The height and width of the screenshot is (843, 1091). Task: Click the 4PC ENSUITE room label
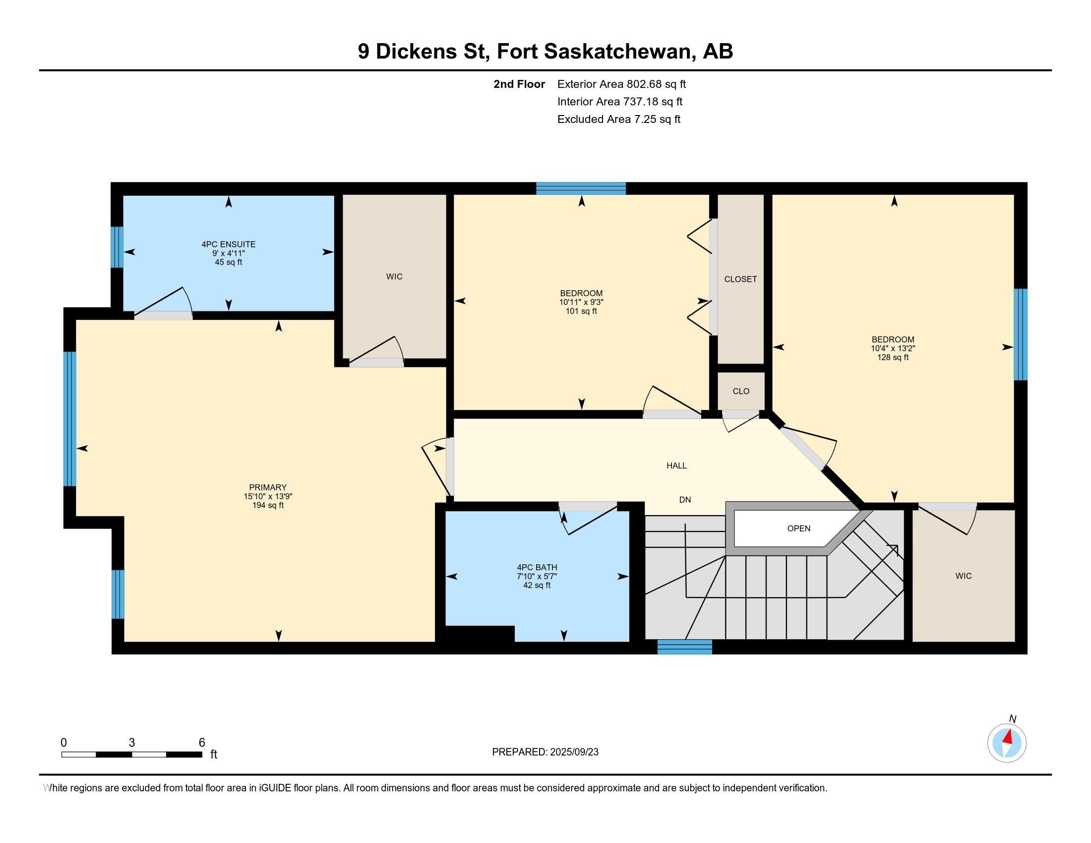click(x=228, y=244)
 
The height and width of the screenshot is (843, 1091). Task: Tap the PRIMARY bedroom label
click(x=268, y=487)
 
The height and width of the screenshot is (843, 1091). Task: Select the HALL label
click(x=676, y=466)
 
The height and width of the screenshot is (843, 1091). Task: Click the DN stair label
click(x=685, y=499)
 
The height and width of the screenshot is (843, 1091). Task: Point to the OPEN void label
click(x=799, y=529)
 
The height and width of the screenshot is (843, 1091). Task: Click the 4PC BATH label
click(x=537, y=567)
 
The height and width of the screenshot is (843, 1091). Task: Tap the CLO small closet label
click(x=741, y=391)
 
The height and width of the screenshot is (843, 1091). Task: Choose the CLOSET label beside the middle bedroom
click(x=740, y=279)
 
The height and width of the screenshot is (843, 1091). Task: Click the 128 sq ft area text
click(x=893, y=358)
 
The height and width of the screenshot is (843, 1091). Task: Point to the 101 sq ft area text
click(x=581, y=311)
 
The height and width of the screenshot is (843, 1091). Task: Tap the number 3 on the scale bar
click(x=132, y=743)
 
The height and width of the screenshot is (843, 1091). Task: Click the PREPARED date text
click(x=545, y=752)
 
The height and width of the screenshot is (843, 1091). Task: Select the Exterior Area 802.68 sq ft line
click(x=621, y=84)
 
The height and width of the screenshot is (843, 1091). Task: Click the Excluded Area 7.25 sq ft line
click(x=619, y=119)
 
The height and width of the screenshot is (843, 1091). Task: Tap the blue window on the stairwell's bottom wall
click(x=684, y=647)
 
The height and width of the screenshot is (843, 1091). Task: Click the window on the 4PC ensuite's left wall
click(x=117, y=247)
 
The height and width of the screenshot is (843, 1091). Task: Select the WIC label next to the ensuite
click(x=394, y=277)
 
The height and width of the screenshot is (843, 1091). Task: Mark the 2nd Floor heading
click(x=519, y=84)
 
